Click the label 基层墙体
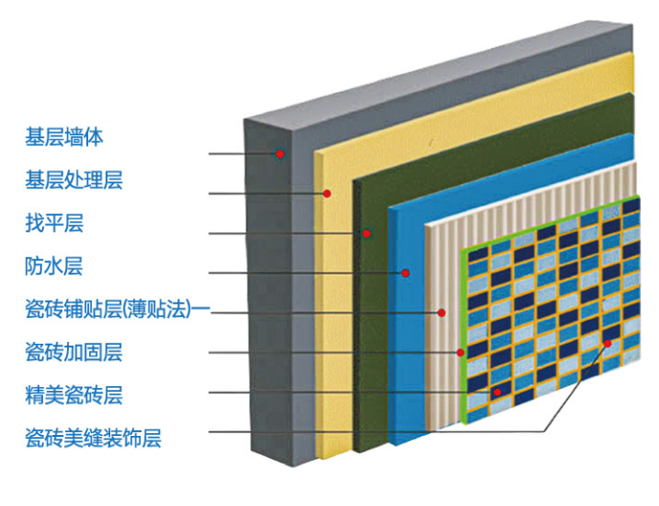coord(63,137)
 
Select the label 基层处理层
coord(74,180)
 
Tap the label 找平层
coord(54,224)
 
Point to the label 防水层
coord(54,266)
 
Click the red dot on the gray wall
coord(281,153)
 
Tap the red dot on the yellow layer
coord(326,193)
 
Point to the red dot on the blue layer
coord(406,273)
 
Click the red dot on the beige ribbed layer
coord(441,312)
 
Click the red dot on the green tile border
coord(460,352)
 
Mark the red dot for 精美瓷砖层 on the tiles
coord(497,392)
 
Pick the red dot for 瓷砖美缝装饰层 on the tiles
coord(607,343)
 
